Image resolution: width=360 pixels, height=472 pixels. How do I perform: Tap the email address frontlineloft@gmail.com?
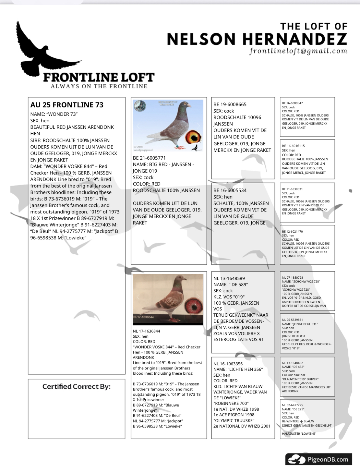click(x=298, y=51)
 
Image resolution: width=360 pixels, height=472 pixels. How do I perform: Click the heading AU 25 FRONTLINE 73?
click(x=67, y=105)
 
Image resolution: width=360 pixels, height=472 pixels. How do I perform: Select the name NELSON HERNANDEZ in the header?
click(x=257, y=39)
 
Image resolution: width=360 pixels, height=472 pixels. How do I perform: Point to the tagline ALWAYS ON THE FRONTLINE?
click(x=99, y=86)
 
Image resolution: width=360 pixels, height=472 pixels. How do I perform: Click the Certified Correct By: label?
click(x=77, y=386)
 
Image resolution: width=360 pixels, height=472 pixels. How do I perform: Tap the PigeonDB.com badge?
click(x=318, y=459)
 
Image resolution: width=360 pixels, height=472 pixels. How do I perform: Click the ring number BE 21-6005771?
click(x=149, y=158)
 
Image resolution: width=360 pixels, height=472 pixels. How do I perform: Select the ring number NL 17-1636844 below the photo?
click(x=146, y=331)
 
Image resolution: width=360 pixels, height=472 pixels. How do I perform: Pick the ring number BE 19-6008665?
click(x=230, y=104)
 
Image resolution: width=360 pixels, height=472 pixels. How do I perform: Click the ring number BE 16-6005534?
click(x=230, y=190)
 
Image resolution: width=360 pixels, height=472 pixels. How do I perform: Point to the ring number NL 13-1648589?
click(x=229, y=278)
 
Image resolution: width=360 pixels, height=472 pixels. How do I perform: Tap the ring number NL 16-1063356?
click(x=228, y=364)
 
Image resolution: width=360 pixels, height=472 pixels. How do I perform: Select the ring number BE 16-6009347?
click(x=292, y=103)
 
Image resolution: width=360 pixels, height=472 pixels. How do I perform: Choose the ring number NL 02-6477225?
click(x=292, y=405)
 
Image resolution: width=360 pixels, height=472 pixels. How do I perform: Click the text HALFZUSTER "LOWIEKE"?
click(x=299, y=434)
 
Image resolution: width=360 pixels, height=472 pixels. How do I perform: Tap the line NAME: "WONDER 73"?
click(x=54, y=114)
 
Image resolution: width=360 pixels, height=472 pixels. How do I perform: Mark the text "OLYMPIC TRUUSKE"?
click(x=234, y=420)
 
